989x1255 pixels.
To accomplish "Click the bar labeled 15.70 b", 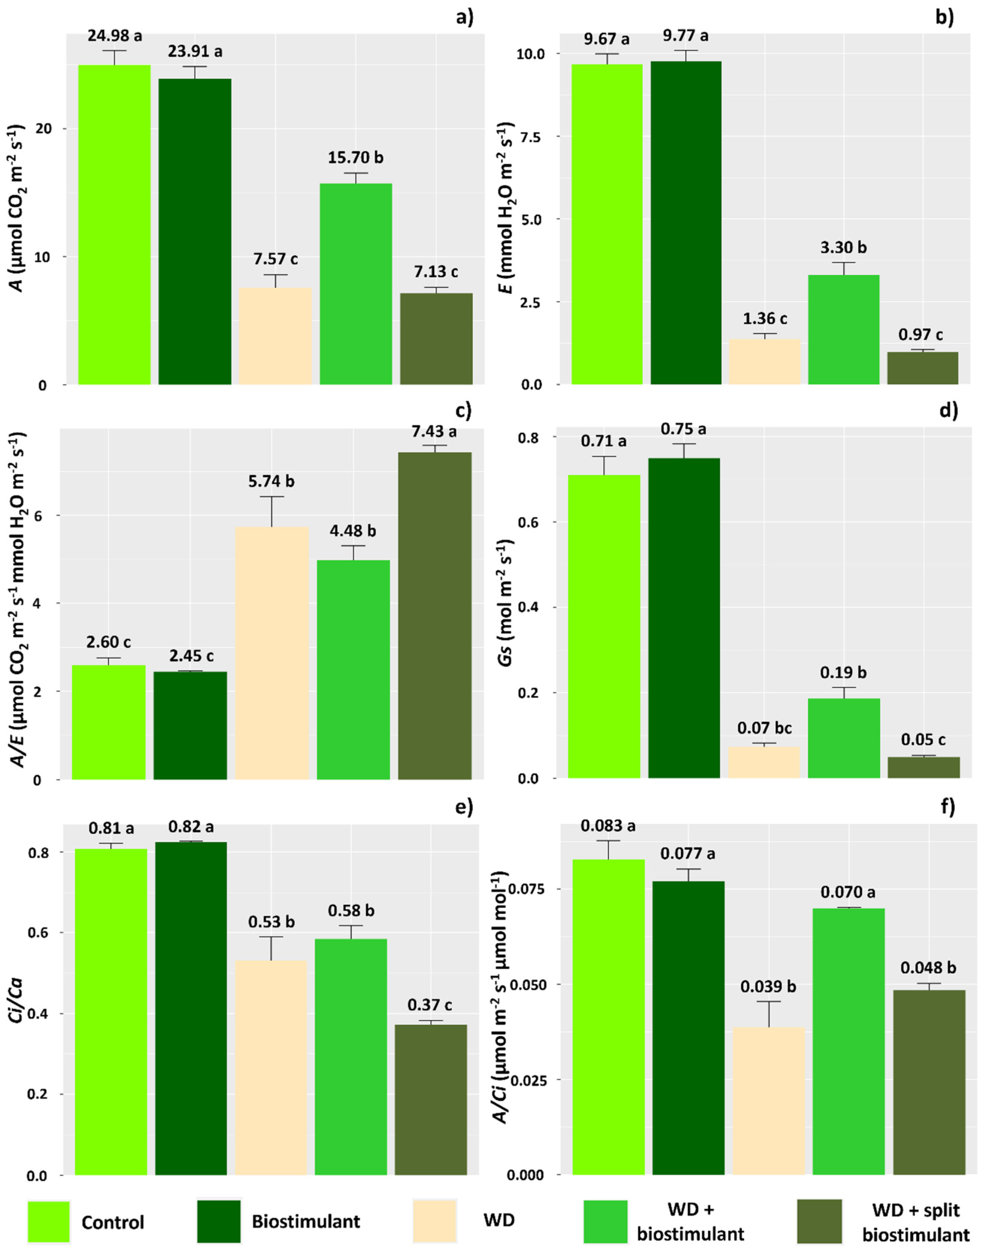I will pyautogui.click(x=356, y=283).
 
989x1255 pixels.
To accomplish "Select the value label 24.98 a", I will pyautogui.click(x=115, y=36).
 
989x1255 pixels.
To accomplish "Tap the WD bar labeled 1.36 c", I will pyautogui.click(x=764, y=362).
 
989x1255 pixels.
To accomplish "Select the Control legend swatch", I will pyautogui.click(x=49, y=1221).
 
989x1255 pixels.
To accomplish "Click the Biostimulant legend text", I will pyautogui.click(x=306, y=1221).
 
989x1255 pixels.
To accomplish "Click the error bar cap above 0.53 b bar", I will pyautogui.click(x=271, y=937).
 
